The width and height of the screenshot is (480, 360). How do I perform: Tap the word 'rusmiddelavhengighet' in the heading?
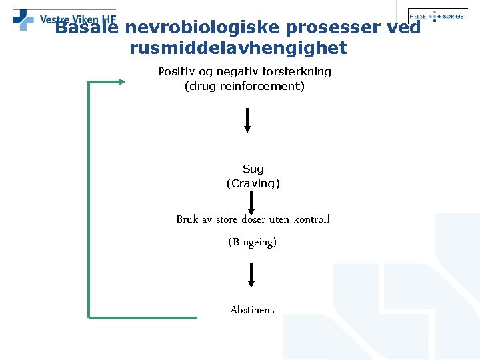click(x=238, y=48)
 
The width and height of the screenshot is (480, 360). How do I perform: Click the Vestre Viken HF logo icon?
click(x=23, y=19)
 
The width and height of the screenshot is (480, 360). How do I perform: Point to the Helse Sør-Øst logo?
click(x=437, y=15)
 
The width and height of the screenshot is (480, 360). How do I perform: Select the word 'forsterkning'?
click(x=297, y=71)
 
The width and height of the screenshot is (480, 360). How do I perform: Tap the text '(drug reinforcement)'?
click(x=244, y=86)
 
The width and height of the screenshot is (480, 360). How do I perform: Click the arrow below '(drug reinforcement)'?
click(x=247, y=119)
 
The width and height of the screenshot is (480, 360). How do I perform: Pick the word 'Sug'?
click(x=253, y=169)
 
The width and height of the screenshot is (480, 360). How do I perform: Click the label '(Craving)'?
click(x=253, y=183)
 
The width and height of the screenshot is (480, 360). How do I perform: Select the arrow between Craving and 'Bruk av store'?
click(x=251, y=202)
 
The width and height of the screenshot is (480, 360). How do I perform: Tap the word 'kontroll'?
click(x=311, y=219)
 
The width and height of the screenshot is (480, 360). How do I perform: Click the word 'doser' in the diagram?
click(x=253, y=219)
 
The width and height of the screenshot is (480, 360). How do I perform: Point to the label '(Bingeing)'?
click(x=253, y=242)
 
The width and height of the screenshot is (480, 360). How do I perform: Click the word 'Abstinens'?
click(x=252, y=309)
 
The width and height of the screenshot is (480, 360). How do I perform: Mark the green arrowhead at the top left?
click(x=121, y=81)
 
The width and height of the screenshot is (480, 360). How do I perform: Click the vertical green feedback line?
click(x=89, y=200)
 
